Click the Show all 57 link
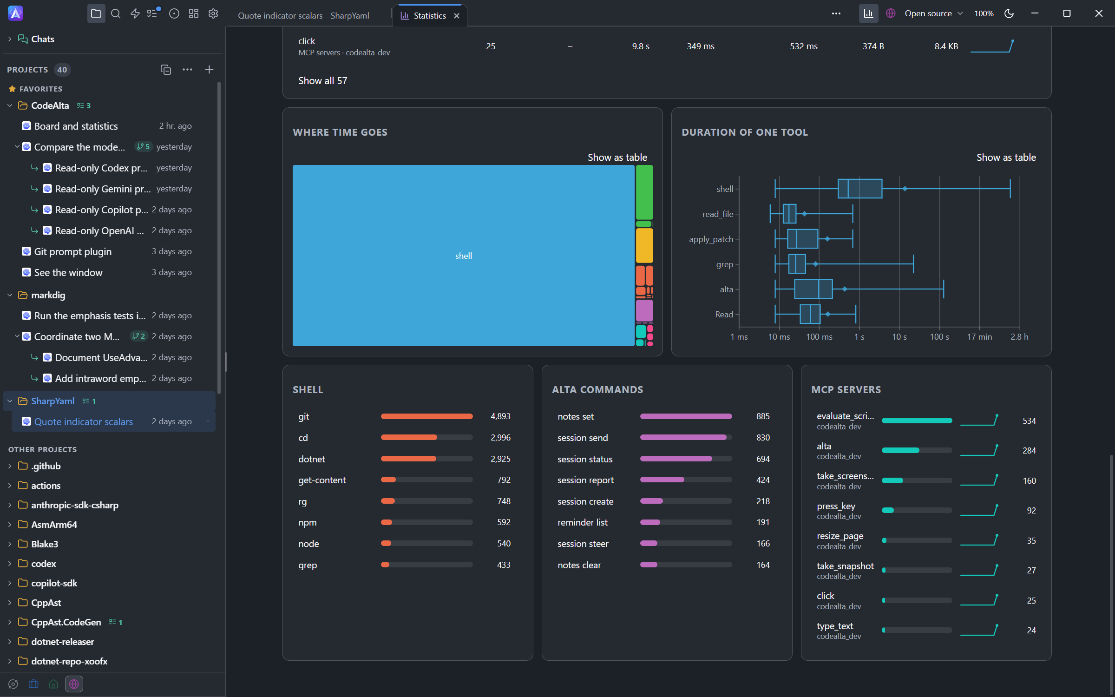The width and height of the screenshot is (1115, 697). point(322,81)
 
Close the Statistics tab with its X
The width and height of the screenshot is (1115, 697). point(457,16)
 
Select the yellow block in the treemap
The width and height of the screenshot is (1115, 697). point(644,245)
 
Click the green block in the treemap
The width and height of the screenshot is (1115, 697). point(644,192)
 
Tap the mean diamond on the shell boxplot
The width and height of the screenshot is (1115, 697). point(905,189)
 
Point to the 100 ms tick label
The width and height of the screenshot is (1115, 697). point(819,337)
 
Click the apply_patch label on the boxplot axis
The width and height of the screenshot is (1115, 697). point(711,239)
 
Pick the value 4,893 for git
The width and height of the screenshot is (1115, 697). point(500,416)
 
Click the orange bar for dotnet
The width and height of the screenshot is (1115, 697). point(408,459)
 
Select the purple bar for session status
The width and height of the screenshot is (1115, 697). point(676,459)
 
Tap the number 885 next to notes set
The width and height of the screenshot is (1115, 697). point(763,416)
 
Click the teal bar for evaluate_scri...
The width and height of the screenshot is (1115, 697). point(917,421)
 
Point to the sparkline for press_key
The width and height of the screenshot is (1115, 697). point(979,510)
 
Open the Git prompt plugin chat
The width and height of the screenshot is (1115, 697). point(73,251)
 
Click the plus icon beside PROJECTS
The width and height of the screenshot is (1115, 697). point(209,70)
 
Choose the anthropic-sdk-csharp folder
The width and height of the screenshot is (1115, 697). point(74,505)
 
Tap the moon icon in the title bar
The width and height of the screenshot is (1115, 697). point(1009,13)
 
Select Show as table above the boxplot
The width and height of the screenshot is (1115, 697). point(1006,158)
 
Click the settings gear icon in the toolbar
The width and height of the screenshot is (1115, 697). point(213,13)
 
